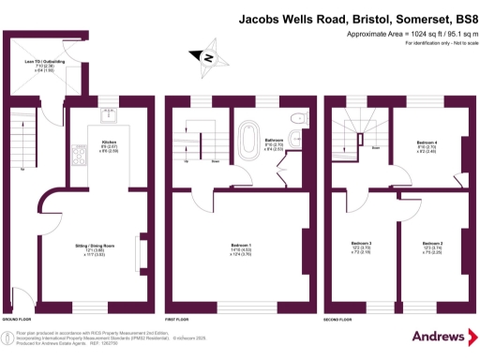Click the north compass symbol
[x=210, y=59]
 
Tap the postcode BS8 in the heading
[x=454, y=17]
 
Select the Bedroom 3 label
[x=361, y=243]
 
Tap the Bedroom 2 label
[x=419, y=243]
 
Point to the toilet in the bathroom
[x=297, y=118]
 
